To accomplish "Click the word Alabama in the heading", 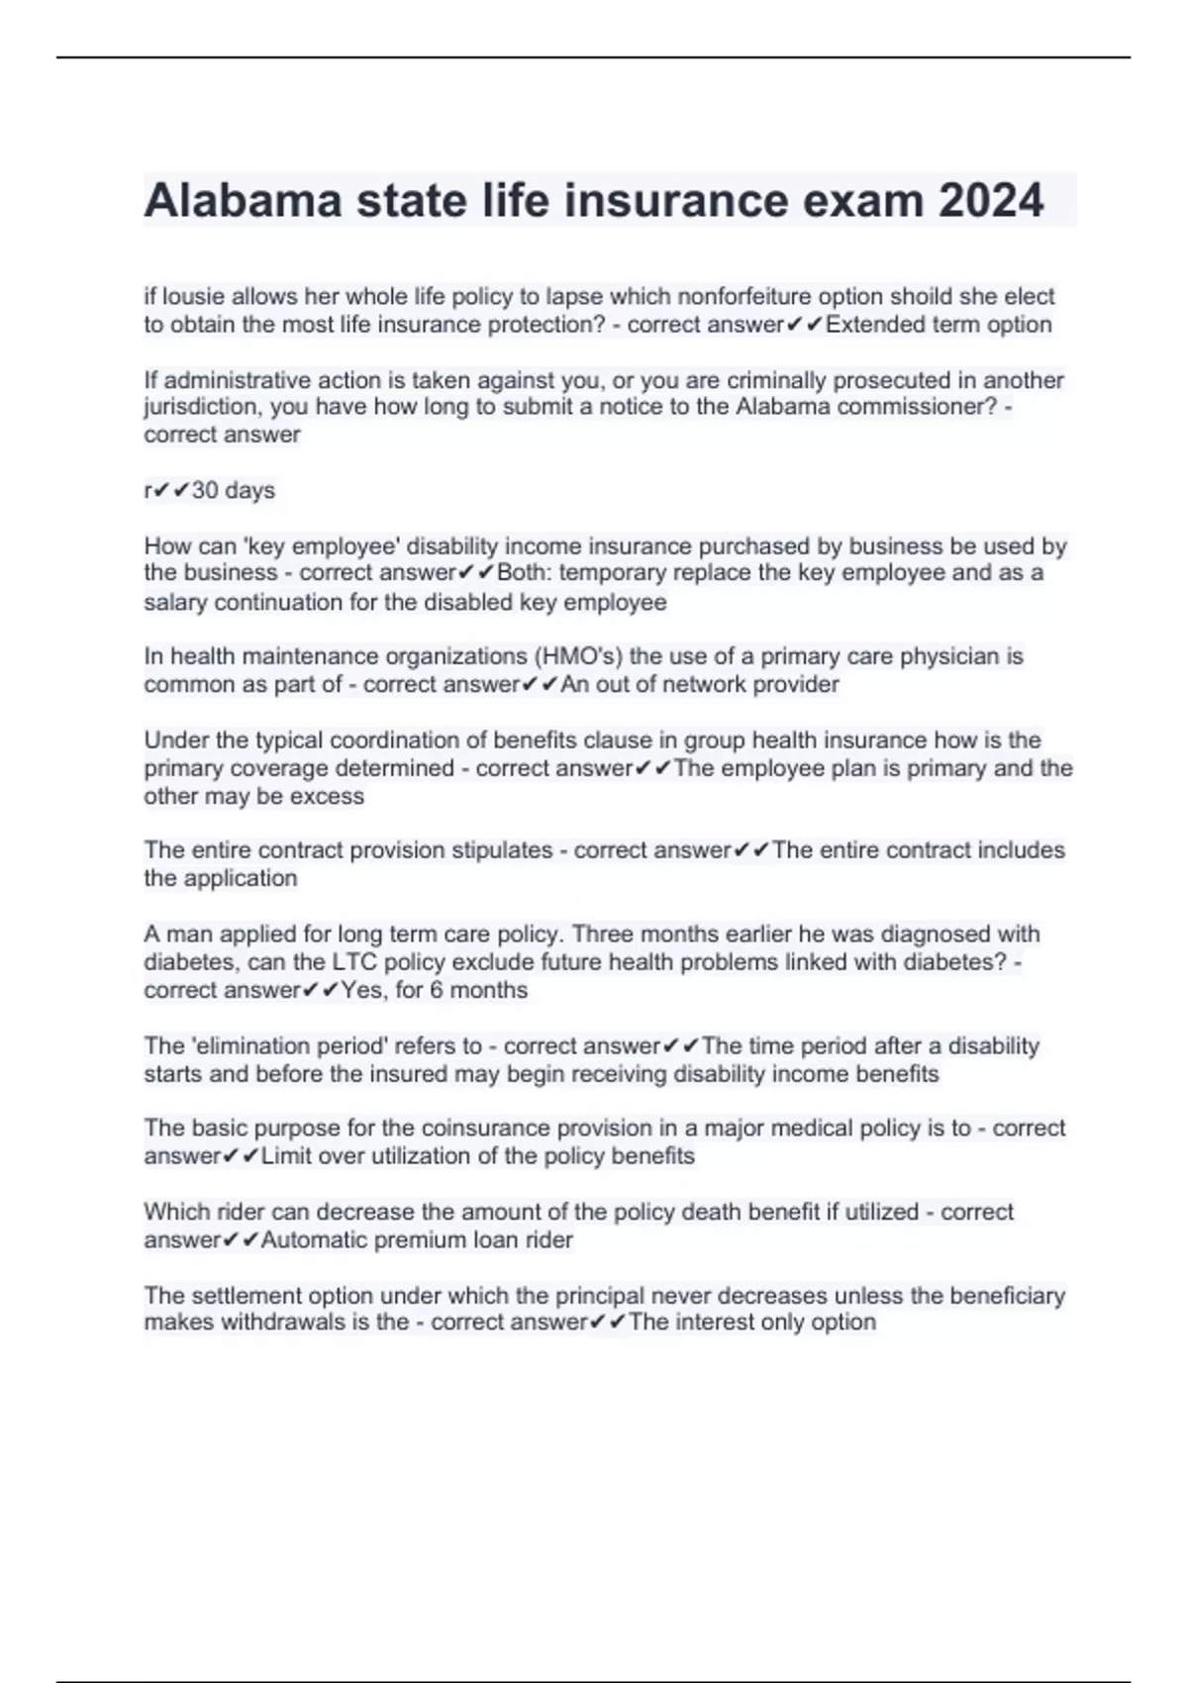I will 243,200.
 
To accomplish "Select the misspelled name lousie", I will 193,296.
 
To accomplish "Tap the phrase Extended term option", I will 939,325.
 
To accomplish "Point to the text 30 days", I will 234,490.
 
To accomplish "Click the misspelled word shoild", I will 921,296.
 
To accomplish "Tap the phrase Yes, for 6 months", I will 434,990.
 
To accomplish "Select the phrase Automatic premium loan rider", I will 417,1240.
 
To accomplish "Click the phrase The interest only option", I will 752,1323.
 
